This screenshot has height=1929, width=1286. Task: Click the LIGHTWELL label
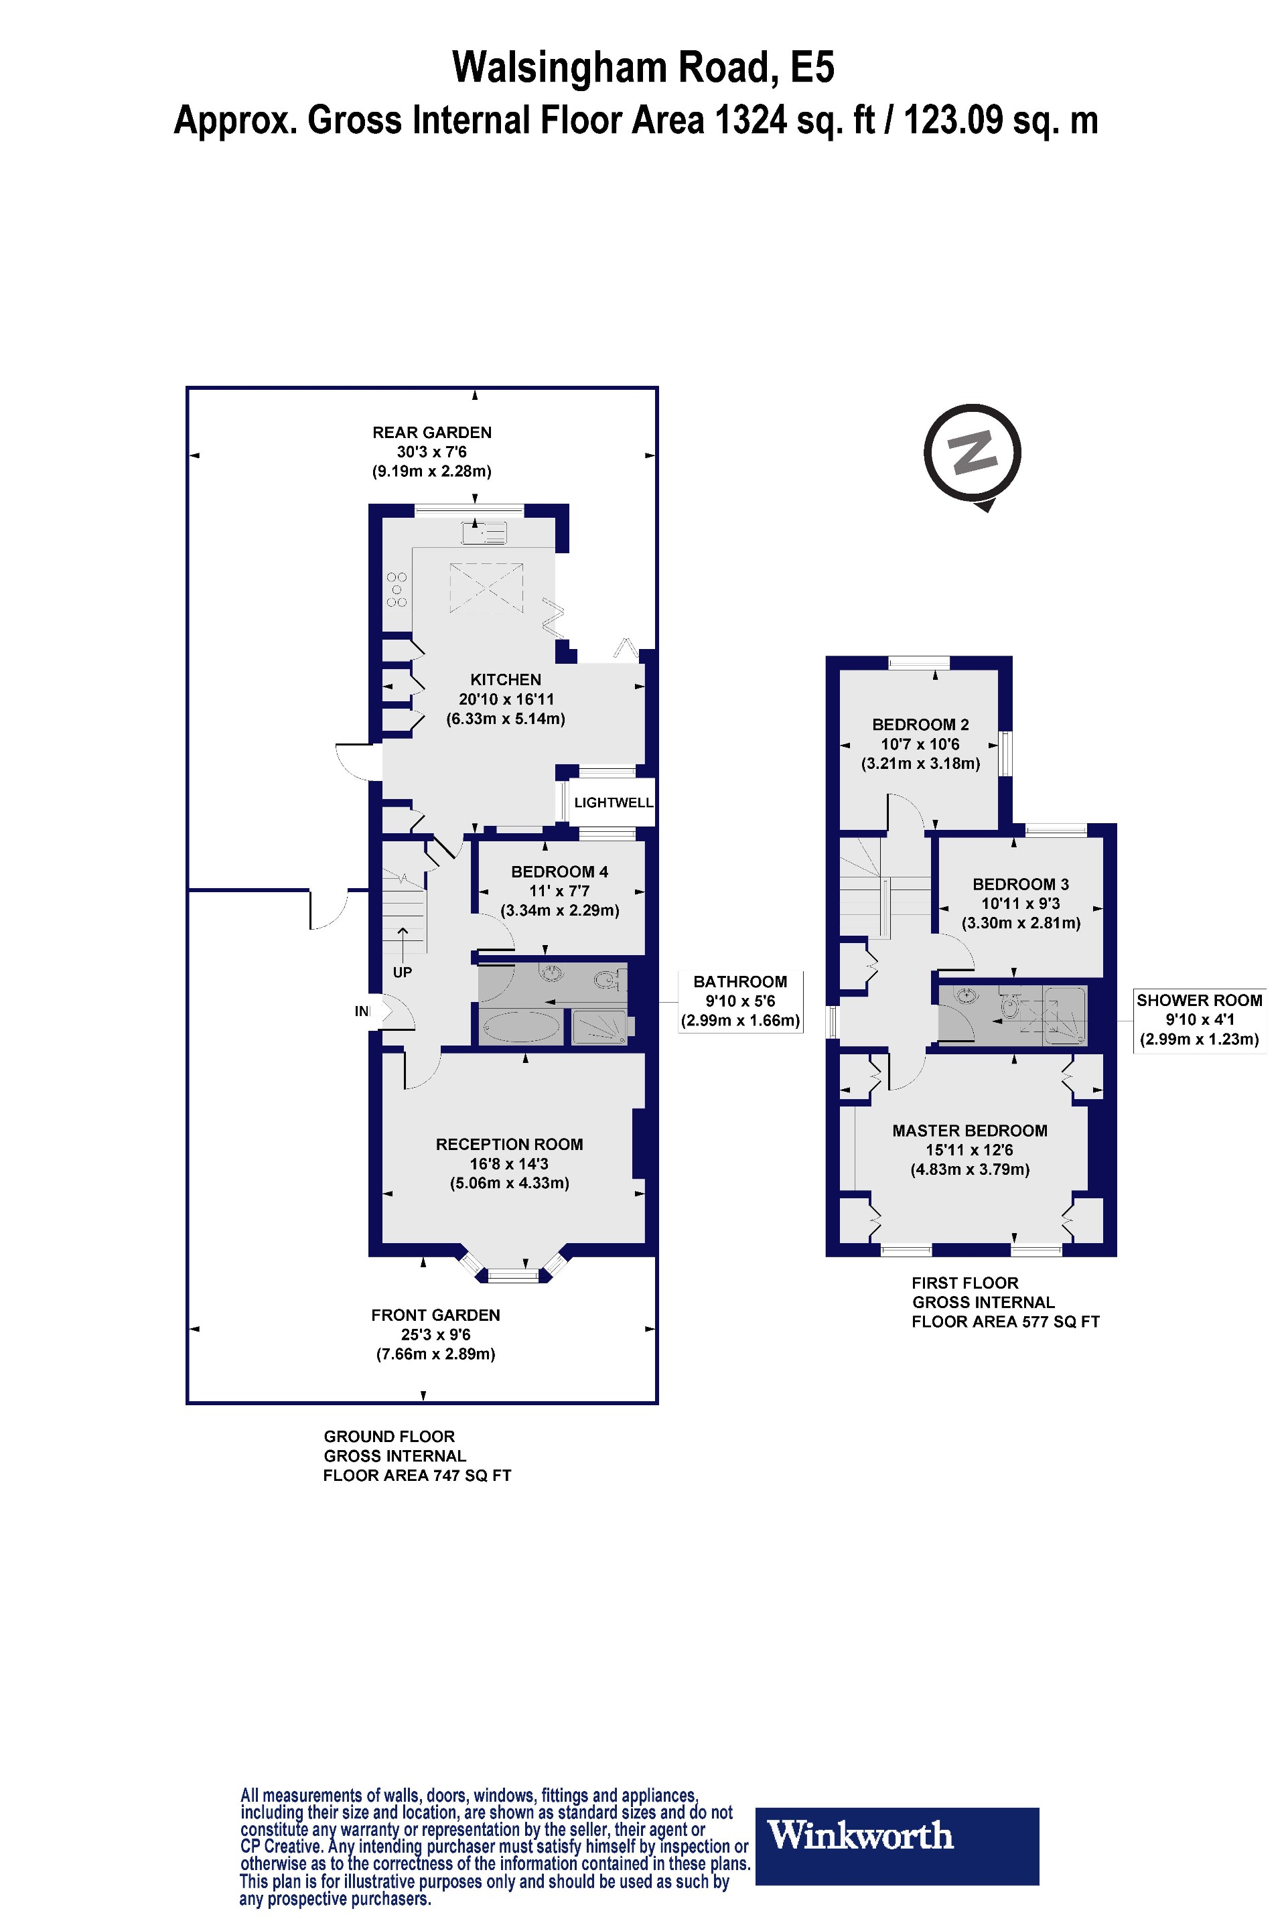tap(614, 803)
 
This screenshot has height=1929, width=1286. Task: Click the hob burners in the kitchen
tap(397, 589)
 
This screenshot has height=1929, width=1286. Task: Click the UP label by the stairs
tap(402, 973)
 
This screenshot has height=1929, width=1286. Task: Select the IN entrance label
tap(362, 1011)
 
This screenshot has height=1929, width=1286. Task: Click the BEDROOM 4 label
tap(559, 872)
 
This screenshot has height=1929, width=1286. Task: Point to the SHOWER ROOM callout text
tap(1199, 1001)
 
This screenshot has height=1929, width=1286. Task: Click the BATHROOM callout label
tap(739, 982)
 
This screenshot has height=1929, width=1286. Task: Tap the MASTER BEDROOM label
tap(969, 1131)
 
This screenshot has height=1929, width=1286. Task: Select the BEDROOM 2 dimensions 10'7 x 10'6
tap(920, 744)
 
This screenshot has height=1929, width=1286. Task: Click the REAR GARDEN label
tap(431, 432)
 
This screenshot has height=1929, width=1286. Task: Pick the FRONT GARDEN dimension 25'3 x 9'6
tap(435, 1334)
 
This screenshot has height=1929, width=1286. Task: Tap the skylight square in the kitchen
tap(486, 587)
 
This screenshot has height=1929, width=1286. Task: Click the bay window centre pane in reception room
tap(514, 1275)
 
